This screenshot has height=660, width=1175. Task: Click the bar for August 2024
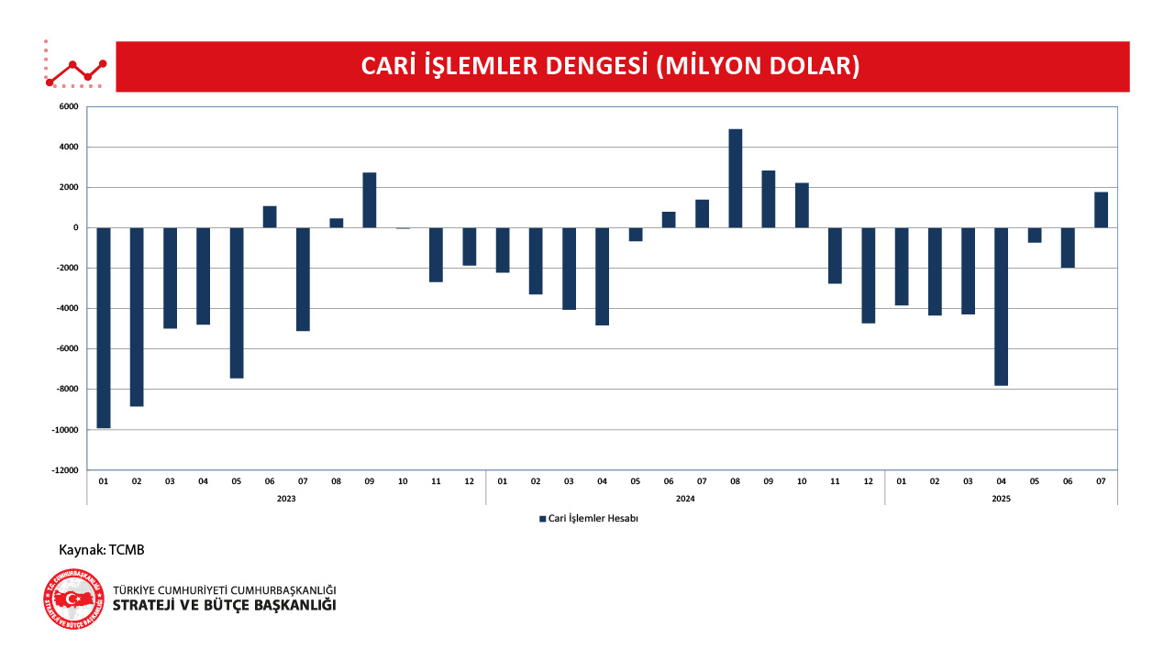coord(735,179)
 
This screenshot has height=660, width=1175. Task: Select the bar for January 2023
coord(104,327)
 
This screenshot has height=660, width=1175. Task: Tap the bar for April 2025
coord(1001,306)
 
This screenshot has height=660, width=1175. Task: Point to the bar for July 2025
coord(1101,210)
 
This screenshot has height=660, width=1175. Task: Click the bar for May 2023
coord(237,302)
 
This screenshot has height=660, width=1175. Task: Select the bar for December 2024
coord(868,275)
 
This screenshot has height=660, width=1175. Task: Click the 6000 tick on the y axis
coord(68,106)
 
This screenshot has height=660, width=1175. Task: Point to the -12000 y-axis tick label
coord(64,470)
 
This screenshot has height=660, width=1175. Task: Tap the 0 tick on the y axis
coord(76,227)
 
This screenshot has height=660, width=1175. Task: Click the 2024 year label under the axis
coord(684,498)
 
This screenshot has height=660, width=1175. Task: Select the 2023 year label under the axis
coord(286,498)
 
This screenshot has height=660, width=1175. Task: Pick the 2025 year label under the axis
coord(1001,498)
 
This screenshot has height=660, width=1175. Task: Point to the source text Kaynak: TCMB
coord(102,550)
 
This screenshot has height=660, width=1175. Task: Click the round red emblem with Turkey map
coord(73,599)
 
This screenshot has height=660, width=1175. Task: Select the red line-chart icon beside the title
coord(76,67)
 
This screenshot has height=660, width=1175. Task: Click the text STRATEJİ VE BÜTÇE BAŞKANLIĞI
coord(224,606)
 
